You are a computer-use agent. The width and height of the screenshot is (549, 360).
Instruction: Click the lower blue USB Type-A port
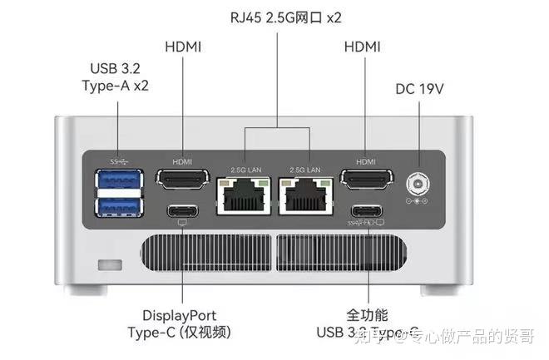pos(118,205)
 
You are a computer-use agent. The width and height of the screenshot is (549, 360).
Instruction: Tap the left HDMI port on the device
pos(182,179)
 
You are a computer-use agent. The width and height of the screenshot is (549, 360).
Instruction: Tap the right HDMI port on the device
pos(366,179)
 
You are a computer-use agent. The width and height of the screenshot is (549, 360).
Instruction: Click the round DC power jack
pos(415,183)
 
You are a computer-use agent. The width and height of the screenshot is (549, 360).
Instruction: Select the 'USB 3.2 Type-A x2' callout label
pos(118,76)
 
